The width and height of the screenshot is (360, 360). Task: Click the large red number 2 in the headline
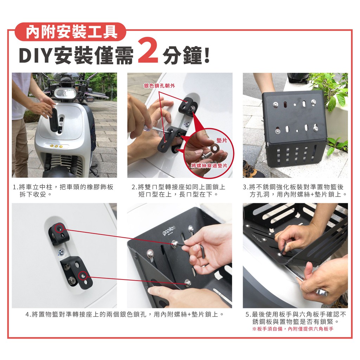pyautogui.click(x=148, y=51)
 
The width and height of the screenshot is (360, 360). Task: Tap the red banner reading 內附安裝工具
pyautogui.click(x=70, y=32)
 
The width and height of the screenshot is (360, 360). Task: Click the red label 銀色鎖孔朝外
pyautogui.click(x=159, y=86)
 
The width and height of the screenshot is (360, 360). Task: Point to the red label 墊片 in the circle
pyautogui.click(x=221, y=140)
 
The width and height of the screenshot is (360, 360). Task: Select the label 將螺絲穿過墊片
pyautogui.click(x=209, y=166)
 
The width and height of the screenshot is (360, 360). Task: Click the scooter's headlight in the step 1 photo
pyautogui.click(x=65, y=93)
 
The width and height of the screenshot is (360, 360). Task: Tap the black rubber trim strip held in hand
pyautogui.click(x=54, y=120)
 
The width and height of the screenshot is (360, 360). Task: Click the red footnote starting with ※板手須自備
pyautogui.click(x=293, y=329)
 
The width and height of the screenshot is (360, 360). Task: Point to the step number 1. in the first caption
pyautogui.click(x=15, y=187)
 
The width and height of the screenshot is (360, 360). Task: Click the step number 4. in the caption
pyautogui.click(x=28, y=314)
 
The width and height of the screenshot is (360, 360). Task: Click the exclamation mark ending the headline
pyautogui.click(x=207, y=56)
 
